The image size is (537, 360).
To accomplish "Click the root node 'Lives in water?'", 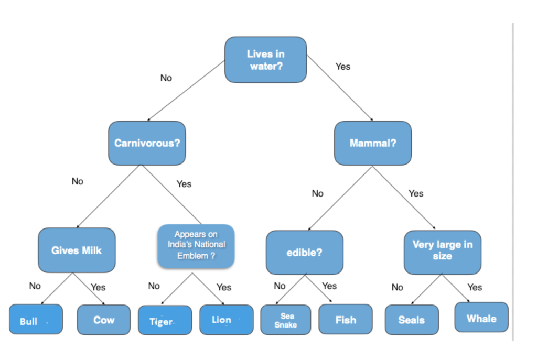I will [x=266, y=60].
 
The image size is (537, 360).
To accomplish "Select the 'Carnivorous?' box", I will [x=147, y=143].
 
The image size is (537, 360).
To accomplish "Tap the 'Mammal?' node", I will [x=373, y=143].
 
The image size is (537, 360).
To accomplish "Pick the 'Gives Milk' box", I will [x=77, y=250].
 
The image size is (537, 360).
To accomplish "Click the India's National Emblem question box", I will [x=196, y=245].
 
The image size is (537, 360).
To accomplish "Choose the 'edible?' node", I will [x=304, y=253].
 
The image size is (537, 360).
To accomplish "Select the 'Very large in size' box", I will [x=442, y=250].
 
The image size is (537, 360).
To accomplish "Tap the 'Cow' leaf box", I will [x=104, y=320].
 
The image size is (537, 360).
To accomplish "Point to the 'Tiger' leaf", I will [x=165, y=321].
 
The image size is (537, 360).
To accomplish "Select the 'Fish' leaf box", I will [x=346, y=320].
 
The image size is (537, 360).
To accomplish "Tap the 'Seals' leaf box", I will [x=411, y=320].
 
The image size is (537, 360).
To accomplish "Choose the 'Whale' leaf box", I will [x=481, y=318].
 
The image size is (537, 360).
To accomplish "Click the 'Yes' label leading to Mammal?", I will [x=342, y=67].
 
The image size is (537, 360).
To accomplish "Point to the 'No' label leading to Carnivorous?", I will [x=166, y=78].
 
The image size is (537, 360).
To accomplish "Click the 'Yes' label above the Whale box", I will [x=474, y=287].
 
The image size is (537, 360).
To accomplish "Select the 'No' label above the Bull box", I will [x=35, y=286].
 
